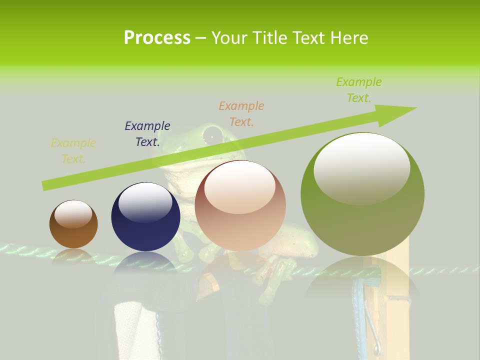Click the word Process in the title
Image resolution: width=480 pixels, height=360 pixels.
click(157, 38)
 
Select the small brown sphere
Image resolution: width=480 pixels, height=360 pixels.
click(73, 224)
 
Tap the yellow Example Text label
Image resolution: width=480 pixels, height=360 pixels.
click(73, 151)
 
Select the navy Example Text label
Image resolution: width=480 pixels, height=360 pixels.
click(147, 134)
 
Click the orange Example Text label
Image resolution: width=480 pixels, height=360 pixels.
click(241, 113)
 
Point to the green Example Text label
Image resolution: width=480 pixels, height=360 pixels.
click(359, 90)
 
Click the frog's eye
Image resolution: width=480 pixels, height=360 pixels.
click(213, 134)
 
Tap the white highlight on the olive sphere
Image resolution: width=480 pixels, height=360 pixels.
click(362, 167)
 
